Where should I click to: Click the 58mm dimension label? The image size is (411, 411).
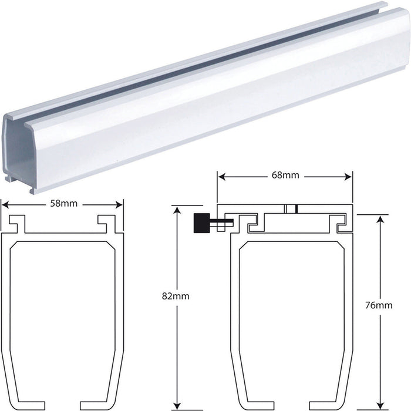62,204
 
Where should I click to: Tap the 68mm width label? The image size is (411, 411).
285,175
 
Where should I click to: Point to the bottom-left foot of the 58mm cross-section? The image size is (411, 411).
18,386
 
